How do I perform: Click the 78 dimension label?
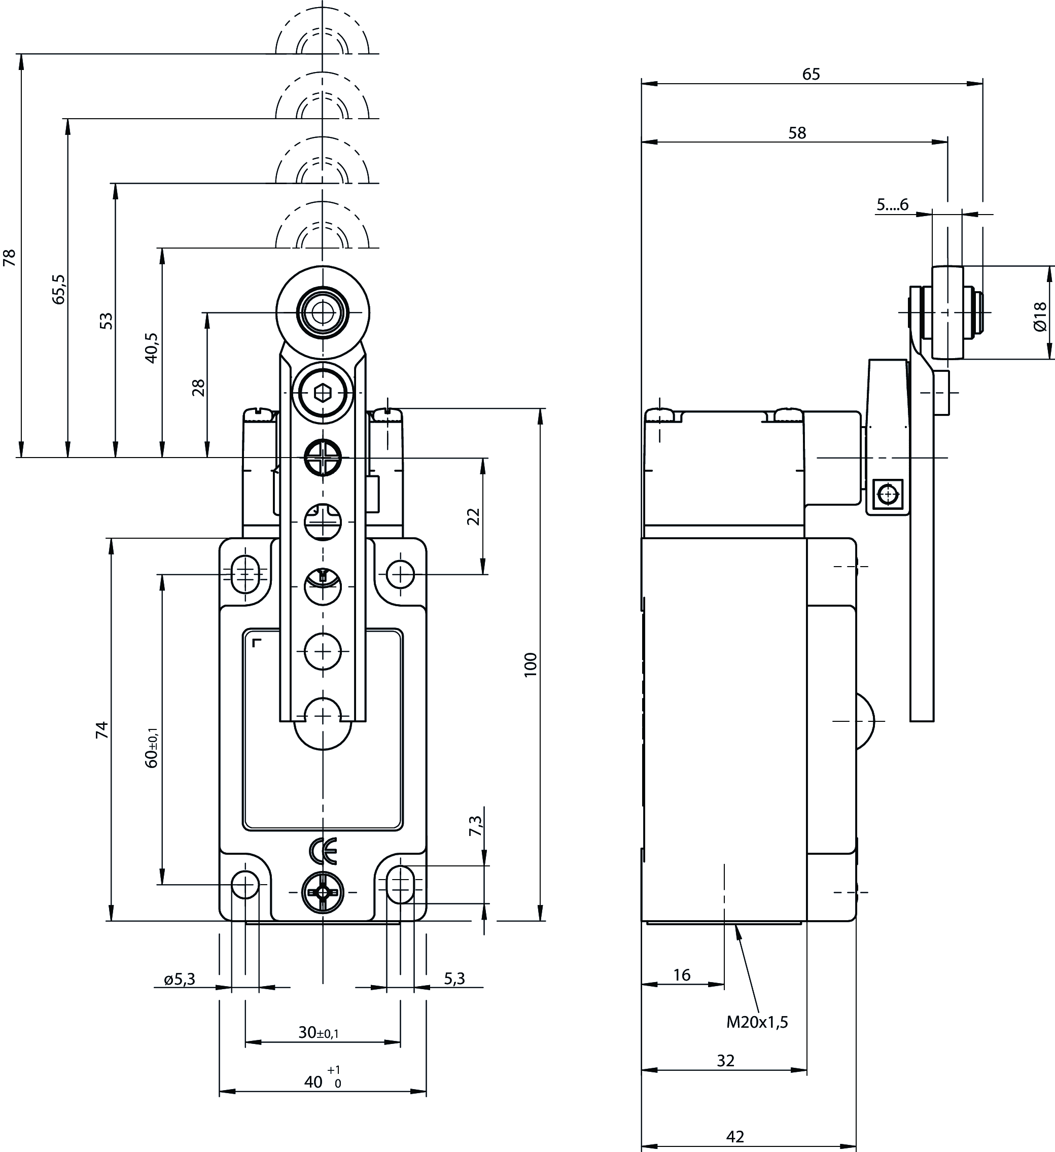[x=10, y=258]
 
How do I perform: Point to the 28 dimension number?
[x=198, y=388]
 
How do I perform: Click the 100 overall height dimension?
[x=531, y=665]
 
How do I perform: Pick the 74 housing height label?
[x=102, y=730]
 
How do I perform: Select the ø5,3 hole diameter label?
[x=180, y=979]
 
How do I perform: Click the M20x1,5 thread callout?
[x=757, y=1022]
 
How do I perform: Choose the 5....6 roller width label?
[x=892, y=204]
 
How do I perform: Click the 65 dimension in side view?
[x=811, y=74]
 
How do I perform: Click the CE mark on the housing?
[x=323, y=851]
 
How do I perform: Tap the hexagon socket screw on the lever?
[x=323, y=393]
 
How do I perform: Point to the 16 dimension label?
[x=682, y=975]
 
